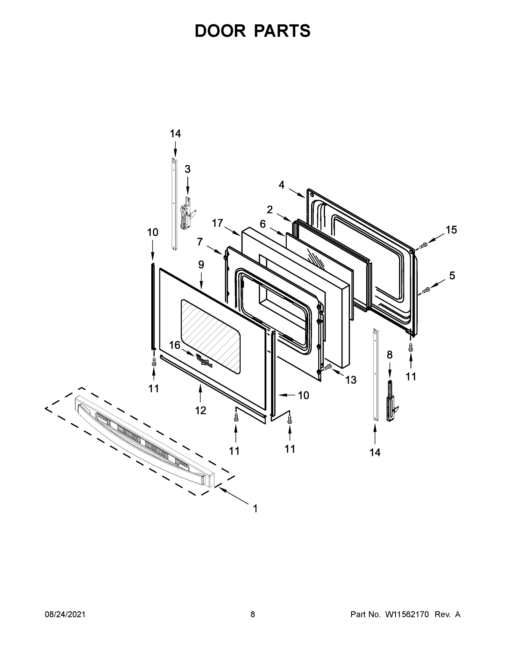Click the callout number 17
tap(218, 223)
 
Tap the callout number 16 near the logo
tap(175, 345)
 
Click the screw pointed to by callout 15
tap(423, 245)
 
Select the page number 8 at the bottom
tap(253, 614)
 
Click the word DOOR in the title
tap(220, 31)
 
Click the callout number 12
tap(200, 411)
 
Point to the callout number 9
tap(201, 265)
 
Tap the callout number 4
tap(281, 185)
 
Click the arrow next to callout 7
tap(215, 250)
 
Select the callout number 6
tap(262, 224)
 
